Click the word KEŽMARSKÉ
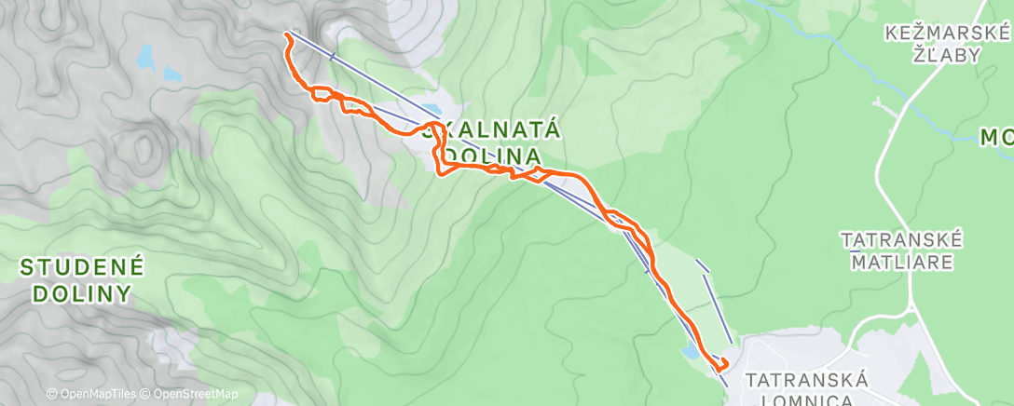click(947, 34)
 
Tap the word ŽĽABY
click(948, 55)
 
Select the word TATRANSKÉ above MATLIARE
click(901, 240)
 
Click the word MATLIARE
click(901, 262)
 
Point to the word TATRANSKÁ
click(807, 380)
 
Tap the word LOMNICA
click(807, 399)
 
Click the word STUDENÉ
click(82, 269)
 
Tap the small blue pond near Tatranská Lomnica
click(690, 352)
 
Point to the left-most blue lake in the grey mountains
click(145, 59)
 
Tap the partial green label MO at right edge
click(995, 139)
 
